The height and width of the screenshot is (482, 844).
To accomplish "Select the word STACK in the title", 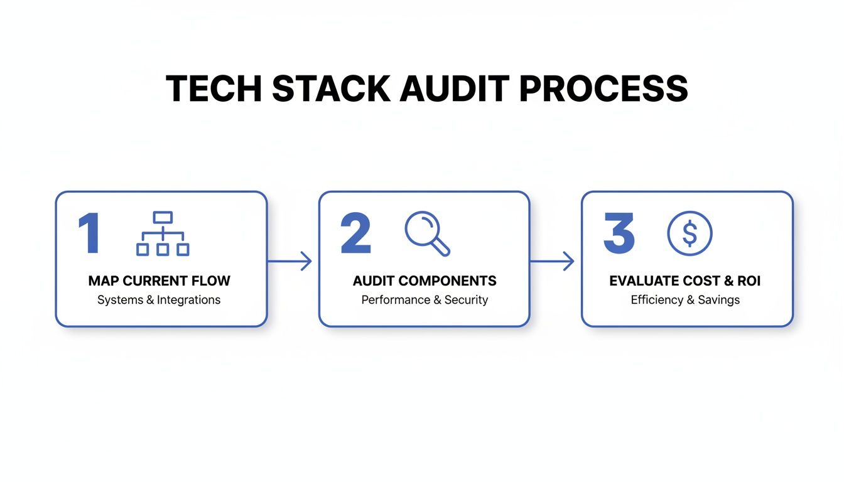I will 331,88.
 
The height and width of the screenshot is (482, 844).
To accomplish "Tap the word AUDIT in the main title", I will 457,88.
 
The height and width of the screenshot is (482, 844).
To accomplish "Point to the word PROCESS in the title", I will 603,88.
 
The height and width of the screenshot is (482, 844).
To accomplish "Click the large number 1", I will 90,233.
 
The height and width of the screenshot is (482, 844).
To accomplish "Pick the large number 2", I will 355,233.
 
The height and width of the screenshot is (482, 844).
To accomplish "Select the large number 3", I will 619,233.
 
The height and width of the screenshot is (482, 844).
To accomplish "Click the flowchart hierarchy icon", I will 163,234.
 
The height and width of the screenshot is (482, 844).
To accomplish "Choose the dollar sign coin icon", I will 690,233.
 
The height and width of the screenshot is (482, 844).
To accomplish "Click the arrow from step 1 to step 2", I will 290,261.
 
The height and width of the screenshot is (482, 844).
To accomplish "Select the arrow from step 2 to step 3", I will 553,261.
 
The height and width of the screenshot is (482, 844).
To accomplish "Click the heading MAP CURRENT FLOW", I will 160,281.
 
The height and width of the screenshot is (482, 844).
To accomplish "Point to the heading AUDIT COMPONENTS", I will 425,281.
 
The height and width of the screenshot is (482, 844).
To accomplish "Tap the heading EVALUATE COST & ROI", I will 685,281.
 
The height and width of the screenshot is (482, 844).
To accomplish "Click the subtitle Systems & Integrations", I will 159,300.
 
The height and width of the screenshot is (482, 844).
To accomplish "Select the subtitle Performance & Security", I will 425,300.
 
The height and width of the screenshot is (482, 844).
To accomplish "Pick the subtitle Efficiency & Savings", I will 685,300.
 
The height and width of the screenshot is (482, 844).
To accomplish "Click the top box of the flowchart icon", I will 163,218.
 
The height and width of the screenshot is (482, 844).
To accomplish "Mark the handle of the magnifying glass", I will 441,248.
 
